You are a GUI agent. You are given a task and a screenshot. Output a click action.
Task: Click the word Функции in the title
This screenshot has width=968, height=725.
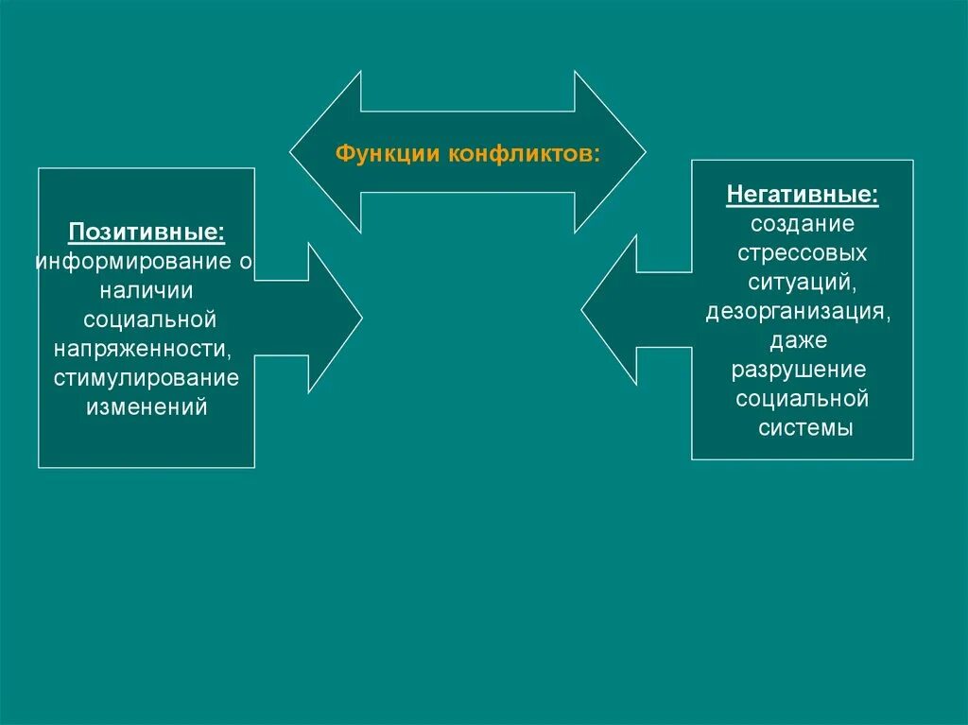375,154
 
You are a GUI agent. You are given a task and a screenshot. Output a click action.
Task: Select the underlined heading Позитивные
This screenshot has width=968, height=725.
147,233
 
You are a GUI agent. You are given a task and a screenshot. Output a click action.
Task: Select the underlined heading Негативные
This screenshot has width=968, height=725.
802,196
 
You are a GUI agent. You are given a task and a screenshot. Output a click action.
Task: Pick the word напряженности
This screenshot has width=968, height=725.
144,350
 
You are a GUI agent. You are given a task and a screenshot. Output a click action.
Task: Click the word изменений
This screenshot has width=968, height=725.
147,408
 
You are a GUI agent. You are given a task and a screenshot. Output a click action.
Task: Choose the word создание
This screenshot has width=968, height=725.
803,225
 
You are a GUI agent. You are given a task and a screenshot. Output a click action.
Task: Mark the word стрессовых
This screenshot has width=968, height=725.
803,254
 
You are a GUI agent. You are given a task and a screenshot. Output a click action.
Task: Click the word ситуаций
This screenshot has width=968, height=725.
803,283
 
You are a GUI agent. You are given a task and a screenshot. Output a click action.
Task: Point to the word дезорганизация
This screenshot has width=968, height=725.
796,312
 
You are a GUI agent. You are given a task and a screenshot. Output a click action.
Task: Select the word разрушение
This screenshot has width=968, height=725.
799,370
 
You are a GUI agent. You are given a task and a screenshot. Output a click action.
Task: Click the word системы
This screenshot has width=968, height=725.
806,427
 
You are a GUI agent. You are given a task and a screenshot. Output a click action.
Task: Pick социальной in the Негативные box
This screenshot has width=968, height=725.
803,398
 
